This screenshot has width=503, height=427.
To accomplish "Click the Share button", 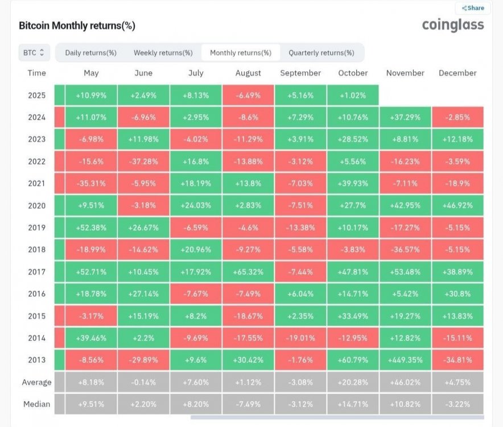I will pos(473,8).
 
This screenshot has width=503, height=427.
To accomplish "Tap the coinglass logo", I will pos(453,24).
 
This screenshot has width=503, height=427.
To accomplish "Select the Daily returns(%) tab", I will pos(91,53).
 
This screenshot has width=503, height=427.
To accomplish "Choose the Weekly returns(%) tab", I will pos(163,53).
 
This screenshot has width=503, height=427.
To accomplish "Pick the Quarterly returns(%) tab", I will pos(321,53).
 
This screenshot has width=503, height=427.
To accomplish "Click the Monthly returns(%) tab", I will pos(241,53).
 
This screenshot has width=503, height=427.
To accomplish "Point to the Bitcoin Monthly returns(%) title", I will pos(77,26).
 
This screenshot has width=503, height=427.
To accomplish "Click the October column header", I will pos(353,73).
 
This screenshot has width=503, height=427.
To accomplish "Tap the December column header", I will pos(457,73).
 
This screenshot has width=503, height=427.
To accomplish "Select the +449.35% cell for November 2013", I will pos(405,360).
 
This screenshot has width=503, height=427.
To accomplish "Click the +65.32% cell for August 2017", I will pos(248,272).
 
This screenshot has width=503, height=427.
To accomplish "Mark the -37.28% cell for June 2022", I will pos(143,161).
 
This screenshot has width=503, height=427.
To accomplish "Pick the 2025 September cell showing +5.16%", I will pos(300,95).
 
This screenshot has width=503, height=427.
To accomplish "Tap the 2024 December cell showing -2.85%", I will pos(457,117).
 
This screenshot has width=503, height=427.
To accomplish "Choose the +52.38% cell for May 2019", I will pos(91,228).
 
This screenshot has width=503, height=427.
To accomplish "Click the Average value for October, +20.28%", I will pos(353,382).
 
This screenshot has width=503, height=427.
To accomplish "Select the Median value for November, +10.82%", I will pos(405,404).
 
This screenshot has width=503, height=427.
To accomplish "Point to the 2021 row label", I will pos(37,183).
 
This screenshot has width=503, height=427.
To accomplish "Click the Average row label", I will pos(36,382).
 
